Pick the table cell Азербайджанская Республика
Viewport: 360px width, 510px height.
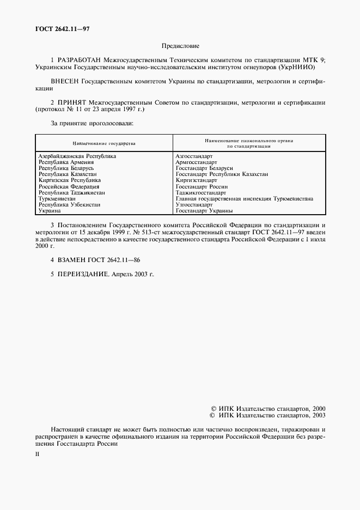pyautogui.click(x=77, y=156)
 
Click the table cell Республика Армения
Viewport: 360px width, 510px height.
pyautogui.click(x=66, y=162)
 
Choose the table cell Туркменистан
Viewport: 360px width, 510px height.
pyautogui.click(x=58, y=198)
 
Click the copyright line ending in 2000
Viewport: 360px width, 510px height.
pyautogui.click(x=268, y=408)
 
